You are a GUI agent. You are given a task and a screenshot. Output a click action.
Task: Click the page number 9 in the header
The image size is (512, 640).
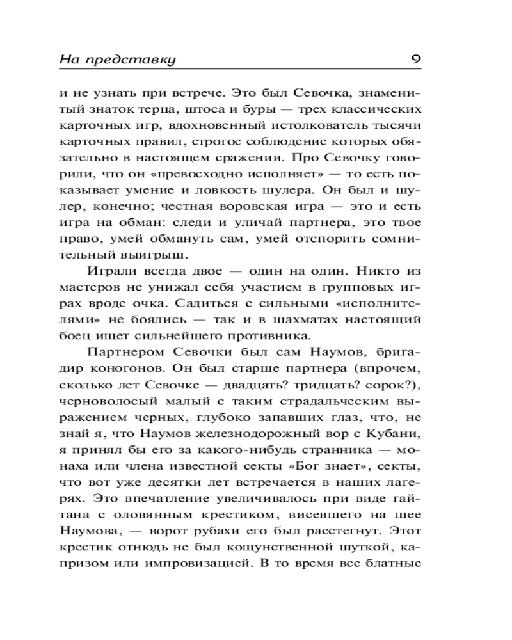pos(415,60)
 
